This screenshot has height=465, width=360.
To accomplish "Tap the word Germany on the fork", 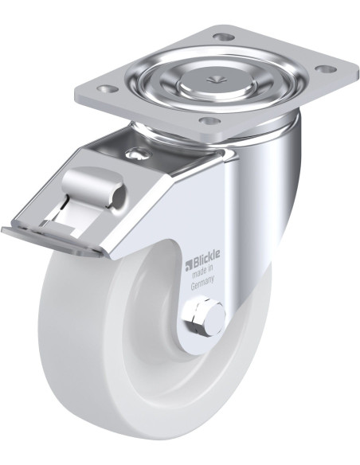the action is tap(202, 283).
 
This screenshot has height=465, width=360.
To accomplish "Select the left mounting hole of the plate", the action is tap(108, 88).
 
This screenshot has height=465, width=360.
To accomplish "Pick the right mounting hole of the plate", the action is tap(326, 68).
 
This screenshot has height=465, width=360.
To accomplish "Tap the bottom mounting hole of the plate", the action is tap(210, 120).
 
